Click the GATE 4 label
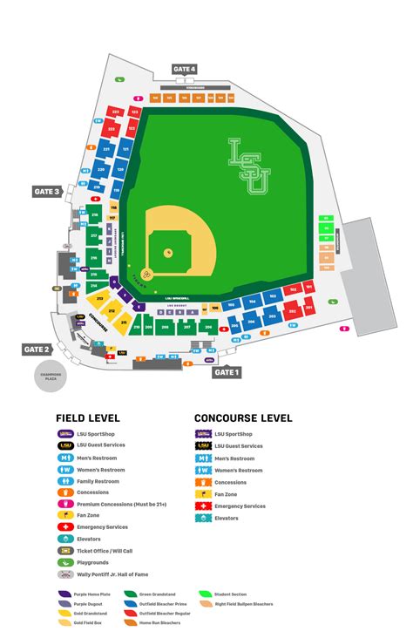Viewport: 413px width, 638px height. click(x=184, y=69)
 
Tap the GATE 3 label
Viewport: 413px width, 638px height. click(x=46, y=192)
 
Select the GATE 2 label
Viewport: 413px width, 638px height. click(x=37, y=349)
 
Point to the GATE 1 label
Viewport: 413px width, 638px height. click(x=226, y=372)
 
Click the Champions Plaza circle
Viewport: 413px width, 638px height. click(x=49, y=377)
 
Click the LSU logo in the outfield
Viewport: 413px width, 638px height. click(x=249, y=165)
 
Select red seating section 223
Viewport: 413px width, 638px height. click(x=116, y=112)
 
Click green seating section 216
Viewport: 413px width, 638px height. click(x=93, y=257)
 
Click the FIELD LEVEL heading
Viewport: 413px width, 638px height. click(x=88, y=418)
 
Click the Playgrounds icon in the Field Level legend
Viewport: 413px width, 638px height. click(x=65, y=562)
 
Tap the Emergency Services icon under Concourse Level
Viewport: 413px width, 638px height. click(x=202, y=506)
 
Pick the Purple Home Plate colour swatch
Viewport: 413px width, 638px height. click(x=65, y=594)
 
